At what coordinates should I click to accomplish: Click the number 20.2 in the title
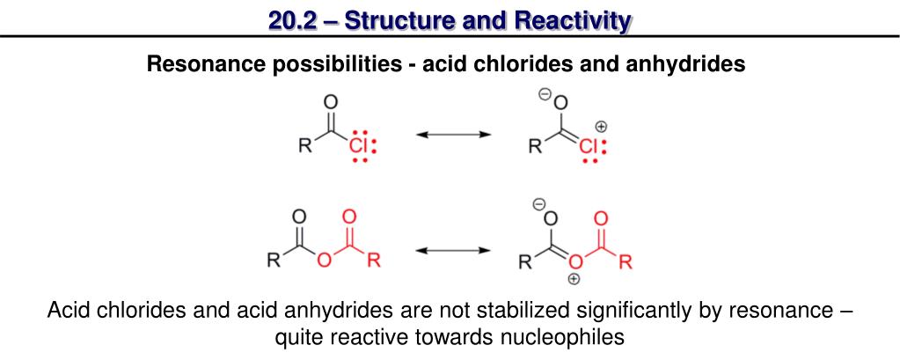tap(296, 18)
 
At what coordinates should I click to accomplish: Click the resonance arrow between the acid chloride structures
tap(452, 134)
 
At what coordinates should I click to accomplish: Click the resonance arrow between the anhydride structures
tap(452, 250)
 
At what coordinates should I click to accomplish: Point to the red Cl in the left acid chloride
tap(357, 145)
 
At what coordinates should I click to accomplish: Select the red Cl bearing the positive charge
tap(587, 146)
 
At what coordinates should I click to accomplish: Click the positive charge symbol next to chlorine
tap(601, 127)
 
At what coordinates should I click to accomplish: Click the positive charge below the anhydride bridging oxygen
tap(573, 280)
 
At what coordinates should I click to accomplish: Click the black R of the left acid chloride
tap(305, 147)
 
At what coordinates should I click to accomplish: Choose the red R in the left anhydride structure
tap(373, 261)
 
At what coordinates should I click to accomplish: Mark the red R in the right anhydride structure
tap(626, 261)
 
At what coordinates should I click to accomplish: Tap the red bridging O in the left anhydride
tap(324, 261)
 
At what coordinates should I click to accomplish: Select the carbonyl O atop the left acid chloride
tap(331, 101)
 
